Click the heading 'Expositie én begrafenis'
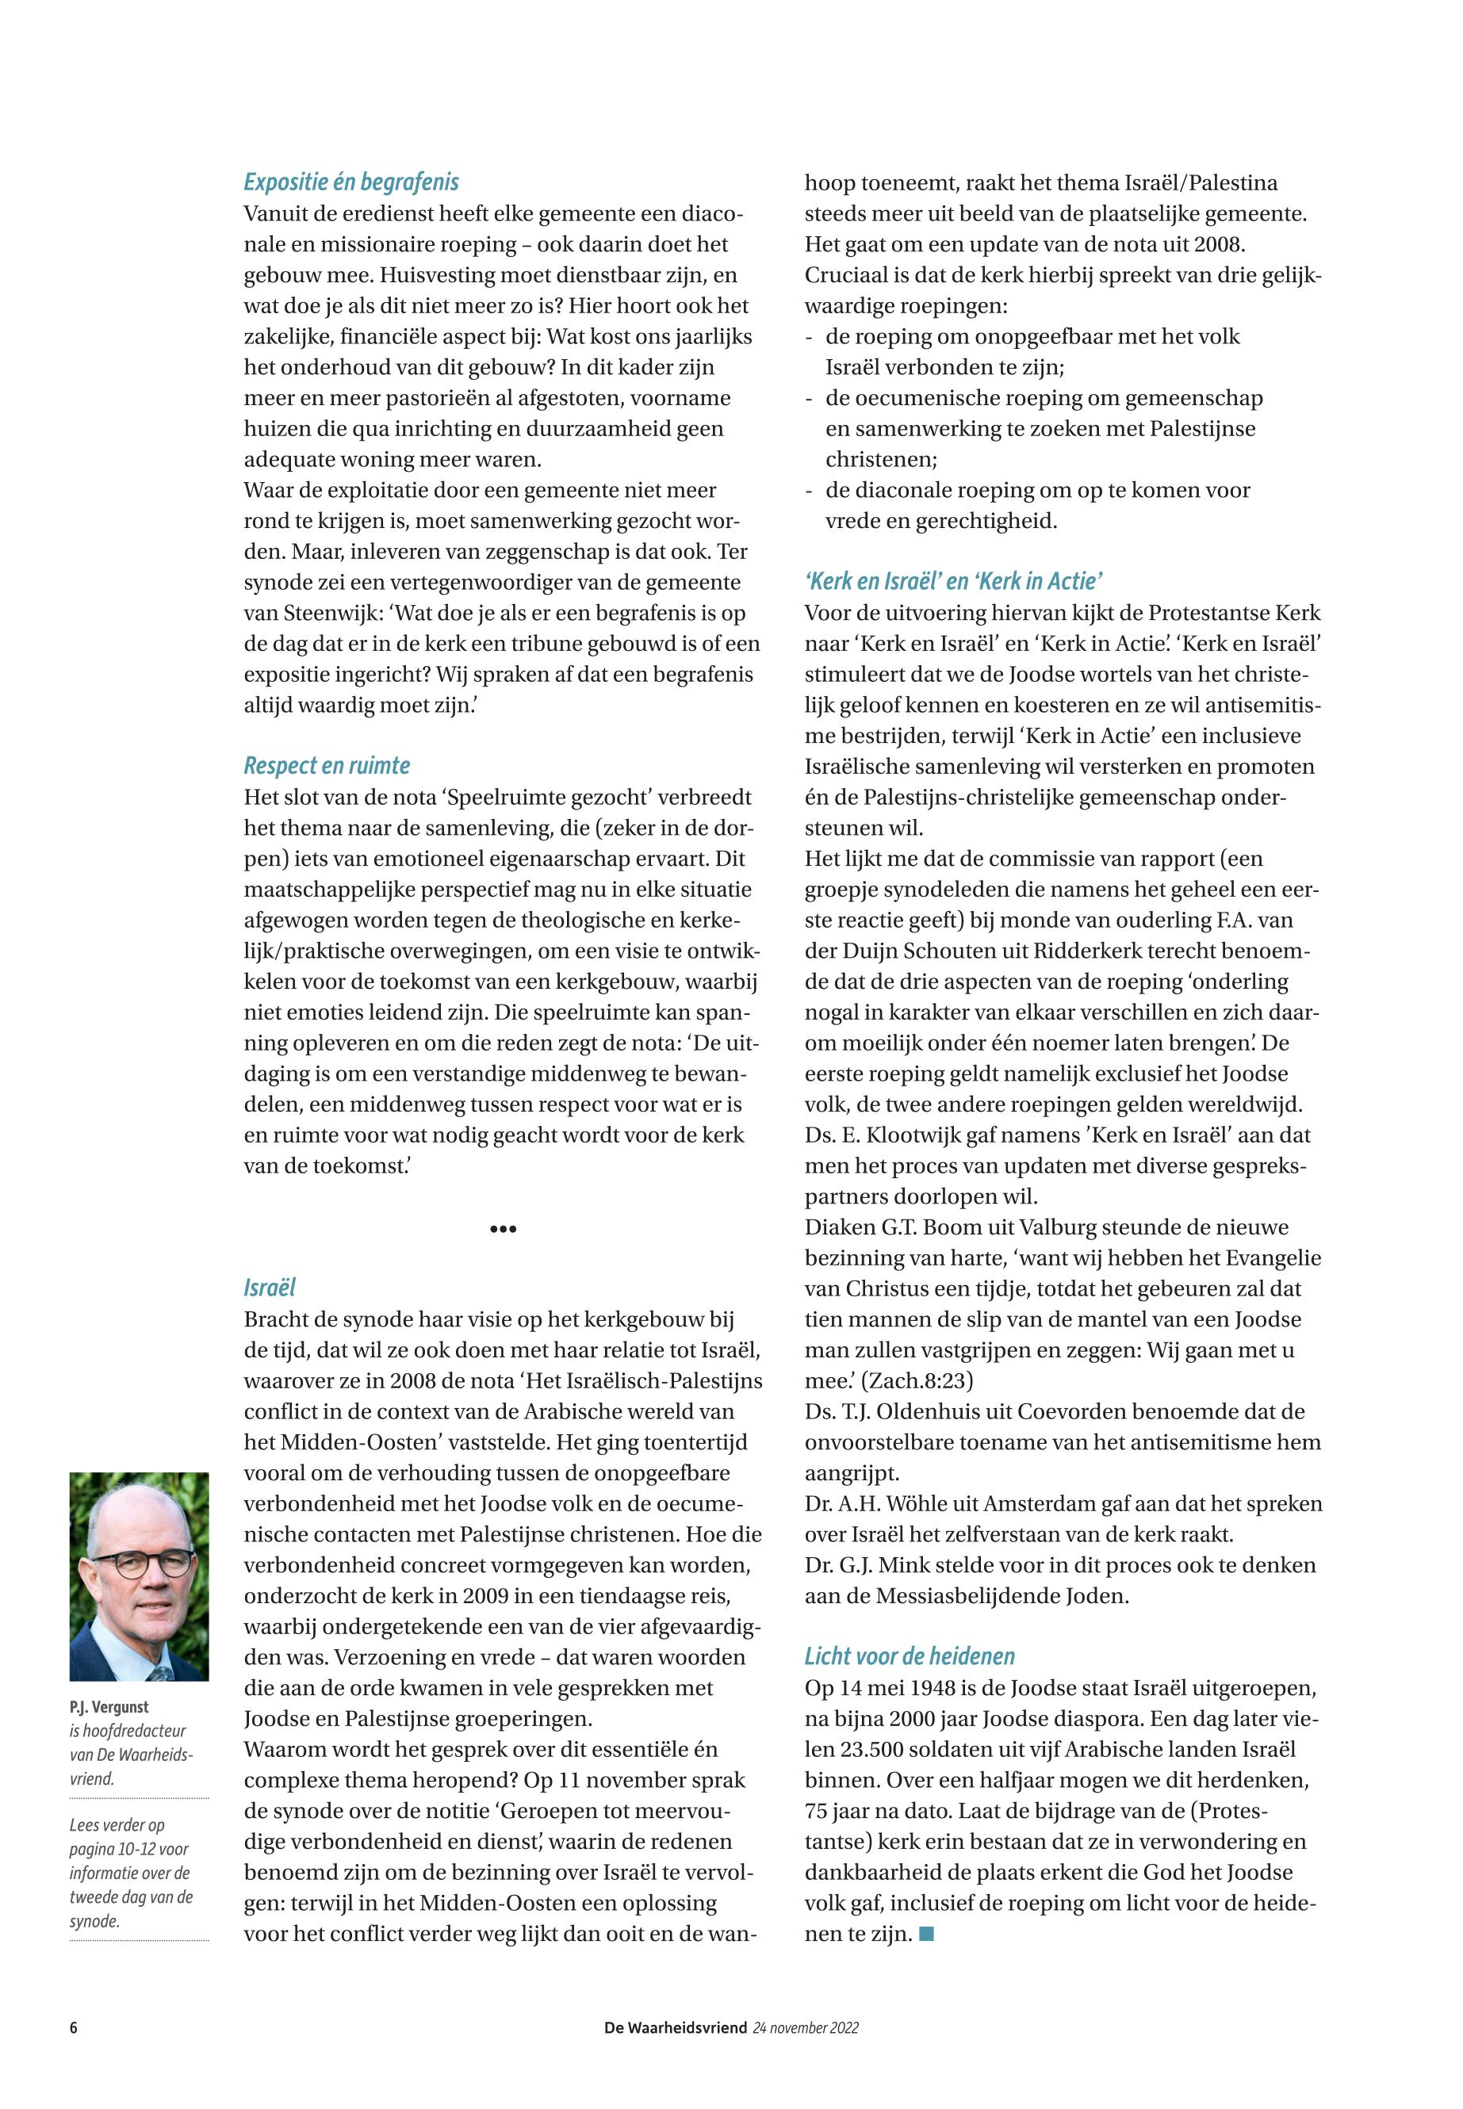click(351, 182)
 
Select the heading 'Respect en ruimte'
click(327, 765)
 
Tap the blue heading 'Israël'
click(270, 1288)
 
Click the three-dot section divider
click(504, 1228)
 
